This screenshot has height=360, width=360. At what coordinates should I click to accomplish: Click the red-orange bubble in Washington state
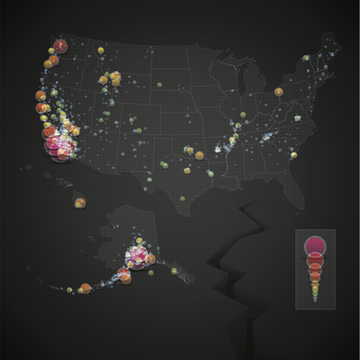tap(60, 46)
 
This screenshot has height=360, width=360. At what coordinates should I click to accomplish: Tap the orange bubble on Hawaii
tap(80, 202)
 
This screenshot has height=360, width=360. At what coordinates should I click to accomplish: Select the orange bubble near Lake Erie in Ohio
tap(274, 94)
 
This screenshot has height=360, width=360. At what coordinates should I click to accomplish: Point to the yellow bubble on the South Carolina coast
tap(294, 154)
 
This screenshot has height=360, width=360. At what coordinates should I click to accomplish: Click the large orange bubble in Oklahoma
tap(199, 155)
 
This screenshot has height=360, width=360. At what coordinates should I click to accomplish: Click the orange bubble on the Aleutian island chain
tap(85, 289)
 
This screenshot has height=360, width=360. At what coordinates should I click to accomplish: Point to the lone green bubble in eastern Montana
tap(161, 85)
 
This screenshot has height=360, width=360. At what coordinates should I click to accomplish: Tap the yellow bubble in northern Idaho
tap(101, 51)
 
